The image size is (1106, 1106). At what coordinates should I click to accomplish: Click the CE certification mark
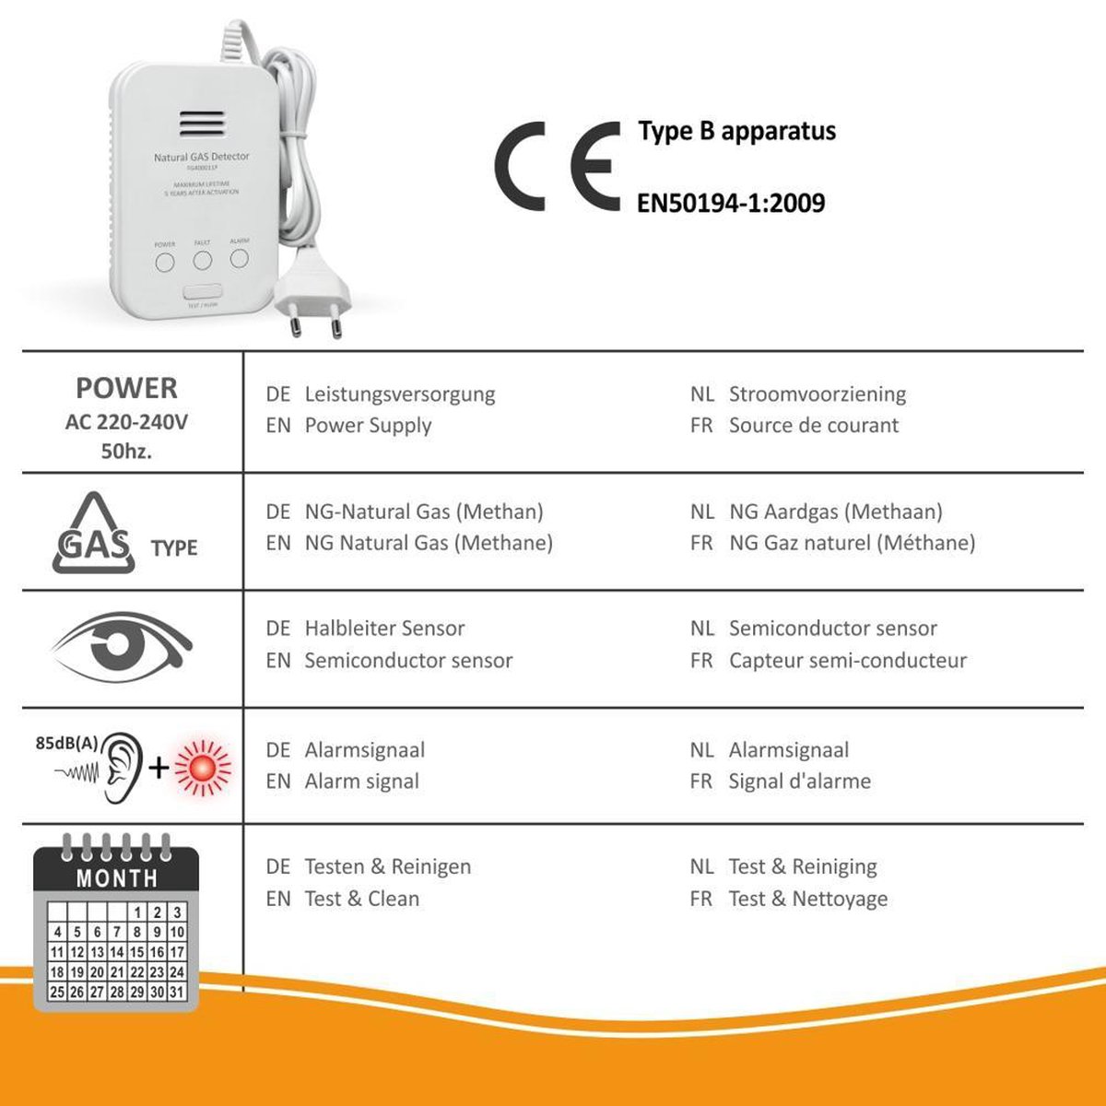click(x=556, y=167)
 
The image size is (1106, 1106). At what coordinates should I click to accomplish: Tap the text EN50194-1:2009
click(x=731, y=203)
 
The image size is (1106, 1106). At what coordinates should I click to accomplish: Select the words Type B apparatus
click(x=736, y=131)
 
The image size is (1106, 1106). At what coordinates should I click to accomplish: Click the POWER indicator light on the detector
click(x=165, y=263)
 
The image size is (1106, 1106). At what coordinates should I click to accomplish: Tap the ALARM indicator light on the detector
click(x=240, y=258)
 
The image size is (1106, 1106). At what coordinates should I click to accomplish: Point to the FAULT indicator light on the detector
click(x=203, y=261)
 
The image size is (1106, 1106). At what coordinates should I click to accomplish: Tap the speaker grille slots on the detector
click(x=202, y=124)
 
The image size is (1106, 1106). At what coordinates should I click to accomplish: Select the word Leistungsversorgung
click(x=399, y=394)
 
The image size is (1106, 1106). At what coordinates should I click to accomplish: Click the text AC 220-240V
click(x=127, y=423)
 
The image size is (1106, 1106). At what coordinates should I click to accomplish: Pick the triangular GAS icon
click(x=92, y=535)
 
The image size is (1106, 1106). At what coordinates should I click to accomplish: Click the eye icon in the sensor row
click(x=120, y=645)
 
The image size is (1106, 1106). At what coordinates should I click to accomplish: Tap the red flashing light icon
click(x=203, y=767)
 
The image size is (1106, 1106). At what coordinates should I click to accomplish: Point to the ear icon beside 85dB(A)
click(x=122, y=767)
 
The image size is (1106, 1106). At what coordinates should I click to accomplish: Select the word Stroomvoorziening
click(x=817, y=394)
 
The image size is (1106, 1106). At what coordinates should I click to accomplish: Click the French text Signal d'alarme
click(x=799, y=782)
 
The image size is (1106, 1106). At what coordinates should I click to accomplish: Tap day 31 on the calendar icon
click(x=177, y=992)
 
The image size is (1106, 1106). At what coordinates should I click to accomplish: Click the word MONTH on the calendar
click(x=117, y=878)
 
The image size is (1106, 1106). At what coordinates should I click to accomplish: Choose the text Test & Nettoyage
click(x=807, y=899)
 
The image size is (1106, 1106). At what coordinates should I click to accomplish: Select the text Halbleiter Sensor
click(x=384, y=629)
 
